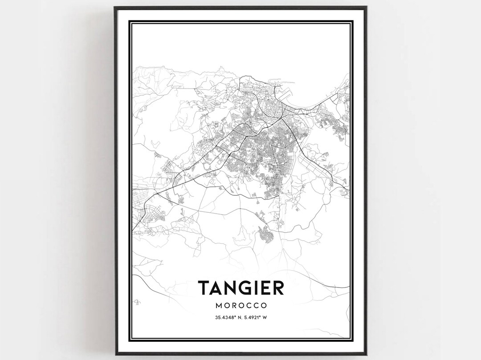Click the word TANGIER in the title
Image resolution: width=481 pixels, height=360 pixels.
[240, 288]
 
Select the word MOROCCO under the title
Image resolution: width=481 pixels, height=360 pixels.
[240, 306]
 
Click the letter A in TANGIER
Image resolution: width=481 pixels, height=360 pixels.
[216, 288]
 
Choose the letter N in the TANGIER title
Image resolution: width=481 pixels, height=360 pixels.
[231, 288]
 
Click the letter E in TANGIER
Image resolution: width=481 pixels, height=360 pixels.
[265, 288]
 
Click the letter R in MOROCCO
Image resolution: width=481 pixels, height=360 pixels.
[234, 306]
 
